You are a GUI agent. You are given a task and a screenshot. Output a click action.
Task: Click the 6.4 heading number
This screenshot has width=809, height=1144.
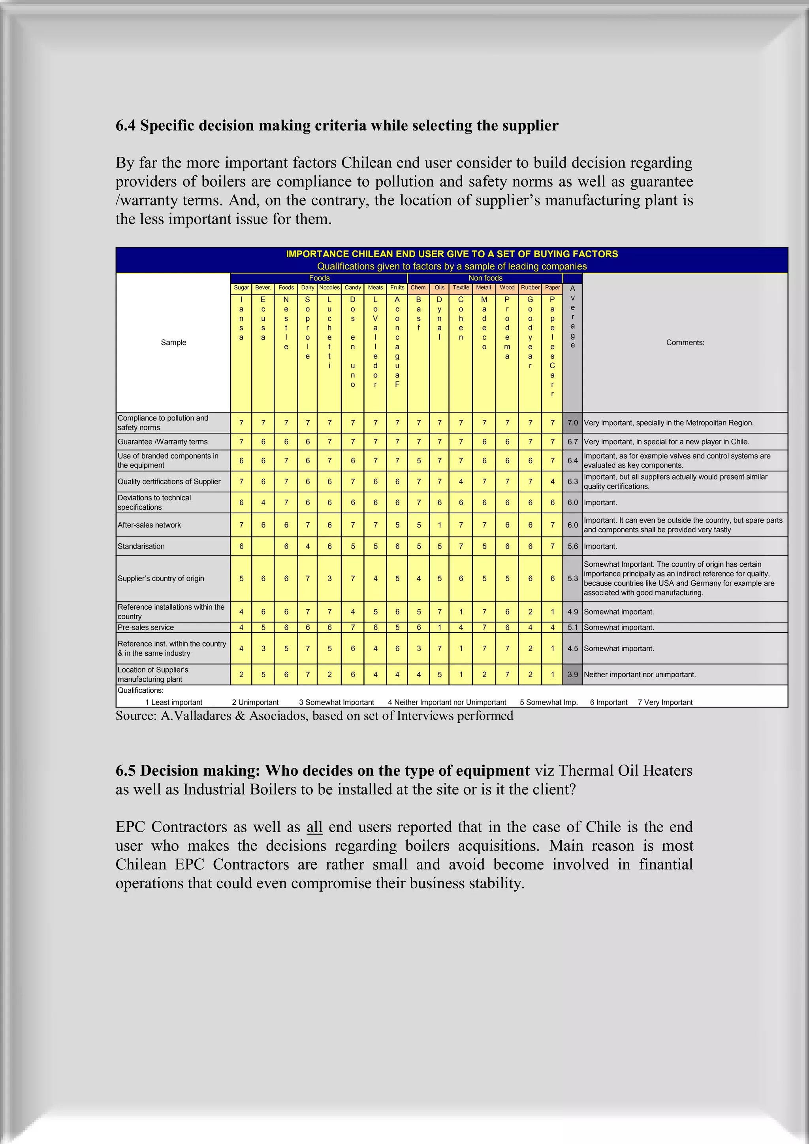[125, 126]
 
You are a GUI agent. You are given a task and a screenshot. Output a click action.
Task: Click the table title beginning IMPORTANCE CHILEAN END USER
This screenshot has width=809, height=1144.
[452, 254]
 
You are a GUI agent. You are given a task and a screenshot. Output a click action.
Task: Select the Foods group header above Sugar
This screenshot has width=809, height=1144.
[319, 278]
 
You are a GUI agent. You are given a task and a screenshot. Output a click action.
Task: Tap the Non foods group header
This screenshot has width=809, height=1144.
[485, 278]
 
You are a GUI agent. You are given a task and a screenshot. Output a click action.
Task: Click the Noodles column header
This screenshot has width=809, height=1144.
[329, 288]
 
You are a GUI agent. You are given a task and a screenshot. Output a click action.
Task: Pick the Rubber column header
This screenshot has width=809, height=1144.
[530, 288]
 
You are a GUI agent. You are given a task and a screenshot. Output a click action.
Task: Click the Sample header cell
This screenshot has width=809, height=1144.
[173, 342]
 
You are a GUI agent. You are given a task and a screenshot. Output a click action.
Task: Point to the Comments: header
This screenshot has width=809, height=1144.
[685, 342]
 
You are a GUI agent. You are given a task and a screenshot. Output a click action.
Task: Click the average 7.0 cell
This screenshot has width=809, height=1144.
[572, 422]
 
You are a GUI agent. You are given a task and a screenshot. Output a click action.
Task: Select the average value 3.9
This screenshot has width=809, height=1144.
[572, 674]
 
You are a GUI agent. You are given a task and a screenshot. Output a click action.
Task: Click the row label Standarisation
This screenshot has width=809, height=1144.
[141, 546]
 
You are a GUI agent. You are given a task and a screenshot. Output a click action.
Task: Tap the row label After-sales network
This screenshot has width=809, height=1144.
[149, 525]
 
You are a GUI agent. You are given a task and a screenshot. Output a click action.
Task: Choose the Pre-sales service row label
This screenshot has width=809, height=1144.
[145, 627]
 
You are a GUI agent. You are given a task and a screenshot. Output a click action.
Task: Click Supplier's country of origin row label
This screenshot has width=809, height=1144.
[161, 579]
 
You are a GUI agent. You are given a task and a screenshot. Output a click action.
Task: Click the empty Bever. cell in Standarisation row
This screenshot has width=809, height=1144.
[263, 546]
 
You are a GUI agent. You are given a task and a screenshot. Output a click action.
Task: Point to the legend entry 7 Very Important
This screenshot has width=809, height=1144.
[665, 702]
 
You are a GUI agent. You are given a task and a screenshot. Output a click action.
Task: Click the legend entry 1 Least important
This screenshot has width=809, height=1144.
[174, 702]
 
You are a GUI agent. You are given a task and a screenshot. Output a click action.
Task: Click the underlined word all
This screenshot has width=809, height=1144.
[314, 827]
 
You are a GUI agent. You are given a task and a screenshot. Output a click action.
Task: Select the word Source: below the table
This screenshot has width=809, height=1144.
[135, 716]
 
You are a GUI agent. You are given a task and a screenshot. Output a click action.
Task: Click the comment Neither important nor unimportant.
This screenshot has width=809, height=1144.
[640, 674]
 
